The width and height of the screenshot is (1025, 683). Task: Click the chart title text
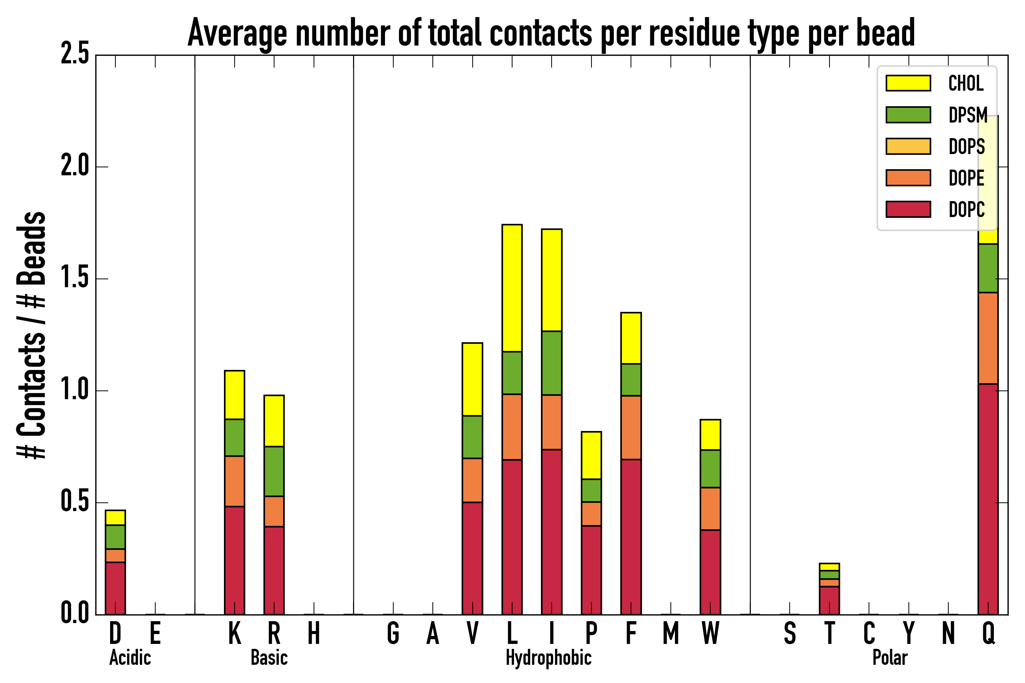pyautogui.click(x=551, y=33)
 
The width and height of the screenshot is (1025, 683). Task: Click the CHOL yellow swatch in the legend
pyautogui.click(x=908, y=83)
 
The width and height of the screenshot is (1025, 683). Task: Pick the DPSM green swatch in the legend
pyautogui.click(x=908, y=115)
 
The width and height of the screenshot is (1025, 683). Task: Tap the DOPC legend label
pyautogui.click(x=967, y=209)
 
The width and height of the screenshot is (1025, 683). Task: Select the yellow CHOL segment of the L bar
pyautogui.click(x=512, y=288)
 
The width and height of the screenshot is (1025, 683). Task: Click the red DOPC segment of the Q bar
pyautogui.click(x=988, y=499)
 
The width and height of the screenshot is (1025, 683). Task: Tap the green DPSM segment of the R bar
pyautogui.click(x=274, y=471)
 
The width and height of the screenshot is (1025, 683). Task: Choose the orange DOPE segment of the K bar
pyautogui.click(x=235, y=481)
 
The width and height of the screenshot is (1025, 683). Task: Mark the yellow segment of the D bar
pyautogui.click(x=115, y=518)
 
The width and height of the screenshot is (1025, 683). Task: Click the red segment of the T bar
pyautogui.click(x=829, y=601)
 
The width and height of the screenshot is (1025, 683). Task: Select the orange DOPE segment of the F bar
pyautogui.click(x=631, y=428)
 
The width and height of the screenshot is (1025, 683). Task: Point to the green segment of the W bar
pyautogui.click(x=710, y=469)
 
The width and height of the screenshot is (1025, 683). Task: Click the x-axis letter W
pyautogui.click(x=710, y=633)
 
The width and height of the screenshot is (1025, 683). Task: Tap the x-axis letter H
pyautogui.click(x=314, y=633)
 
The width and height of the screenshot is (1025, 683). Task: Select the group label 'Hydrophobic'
pyautogui.click(x=549, y=658)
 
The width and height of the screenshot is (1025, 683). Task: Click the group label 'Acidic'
pyautogui.click(x=130, y=658)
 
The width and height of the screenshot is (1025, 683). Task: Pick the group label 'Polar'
pyautogui.click(x=890, y=658)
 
